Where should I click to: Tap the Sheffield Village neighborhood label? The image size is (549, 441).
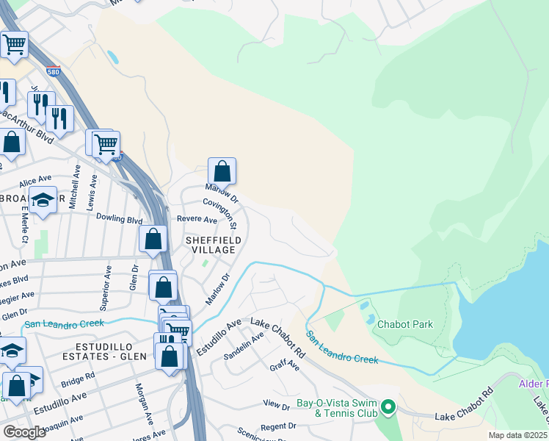click(210, 245)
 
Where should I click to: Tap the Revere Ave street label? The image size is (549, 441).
click(197, 220)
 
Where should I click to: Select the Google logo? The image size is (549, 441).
click(24, 431)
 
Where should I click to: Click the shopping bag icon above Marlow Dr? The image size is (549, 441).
click(222, 172)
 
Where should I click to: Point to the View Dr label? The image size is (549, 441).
click(277, 404)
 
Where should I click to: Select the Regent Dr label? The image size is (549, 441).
click(277, 426)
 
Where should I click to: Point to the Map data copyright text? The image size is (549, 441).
click(518, 435)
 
